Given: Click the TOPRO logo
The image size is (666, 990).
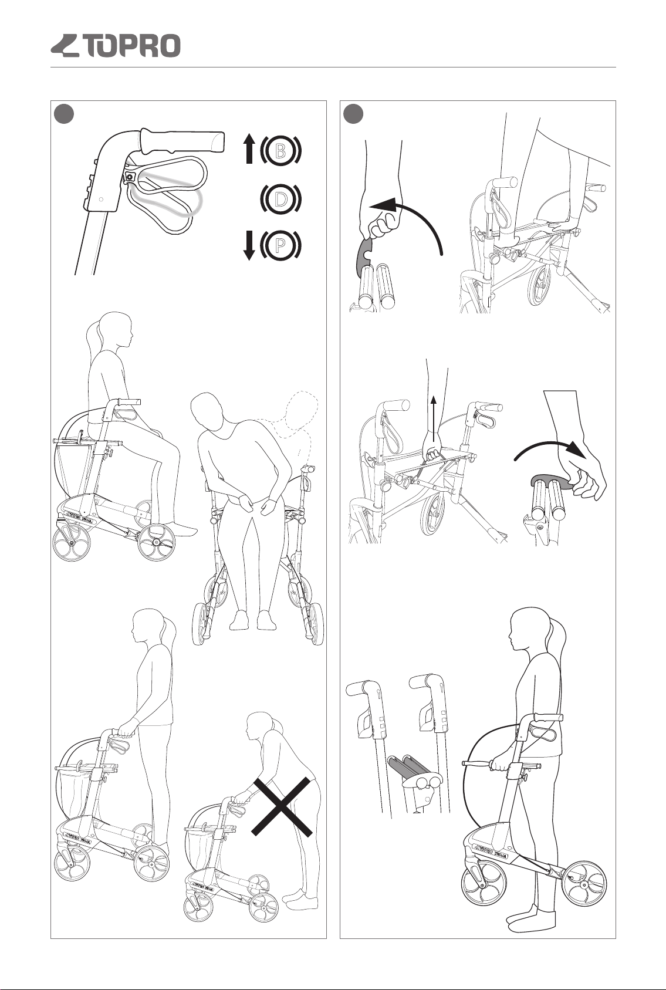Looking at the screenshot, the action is point(116,46).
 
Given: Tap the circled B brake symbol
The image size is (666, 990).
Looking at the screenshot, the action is point(280,151).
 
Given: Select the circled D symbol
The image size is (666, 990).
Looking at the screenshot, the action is point(280,199).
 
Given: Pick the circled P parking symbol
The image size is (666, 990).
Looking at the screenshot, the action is point(280,245).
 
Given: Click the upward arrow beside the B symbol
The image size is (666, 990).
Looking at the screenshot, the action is point(249,150).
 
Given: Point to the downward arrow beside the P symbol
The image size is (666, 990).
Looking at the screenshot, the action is point(249,246).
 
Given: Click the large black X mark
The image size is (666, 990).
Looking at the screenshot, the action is point(282,806).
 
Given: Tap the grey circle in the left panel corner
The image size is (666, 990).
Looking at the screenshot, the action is point(63,114).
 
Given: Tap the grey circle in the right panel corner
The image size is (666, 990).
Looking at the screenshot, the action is point(353,114).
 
